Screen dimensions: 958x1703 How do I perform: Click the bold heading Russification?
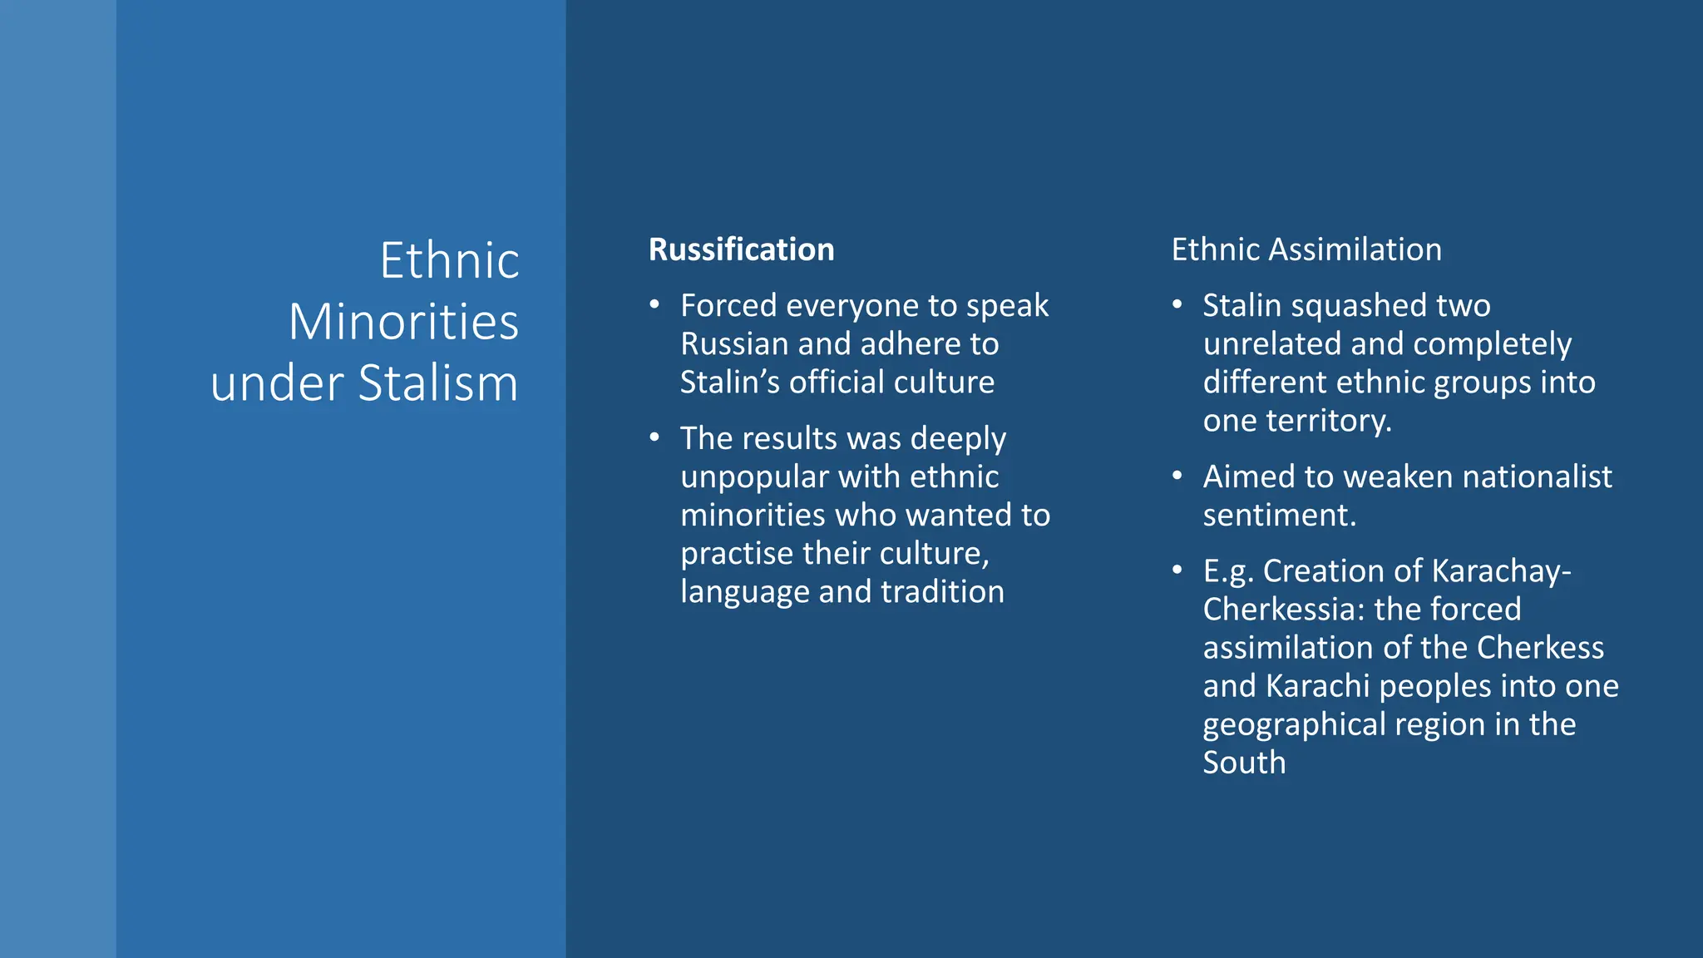tap(741, 249)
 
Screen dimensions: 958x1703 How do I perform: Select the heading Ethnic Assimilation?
tap(1306, 249)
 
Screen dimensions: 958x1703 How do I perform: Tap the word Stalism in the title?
tap(437, 383)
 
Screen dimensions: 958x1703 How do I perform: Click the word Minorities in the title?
tap(403, 322)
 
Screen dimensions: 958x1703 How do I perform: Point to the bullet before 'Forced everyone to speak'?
tap(655, 304)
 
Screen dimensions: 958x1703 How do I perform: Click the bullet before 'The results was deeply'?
tap(655, 437)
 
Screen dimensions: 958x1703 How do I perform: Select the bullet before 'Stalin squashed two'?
tap(1177, 304)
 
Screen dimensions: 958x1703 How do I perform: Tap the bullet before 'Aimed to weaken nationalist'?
tap(1177, 476)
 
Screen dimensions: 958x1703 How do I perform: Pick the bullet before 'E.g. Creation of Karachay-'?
tap(1177, 570)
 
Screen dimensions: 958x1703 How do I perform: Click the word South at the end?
tap(1244, 763)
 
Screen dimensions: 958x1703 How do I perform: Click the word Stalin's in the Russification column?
tap(729, 383)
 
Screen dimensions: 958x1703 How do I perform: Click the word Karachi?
tap(1317, 686)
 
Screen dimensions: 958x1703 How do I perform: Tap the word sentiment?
tap(1279, 516)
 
